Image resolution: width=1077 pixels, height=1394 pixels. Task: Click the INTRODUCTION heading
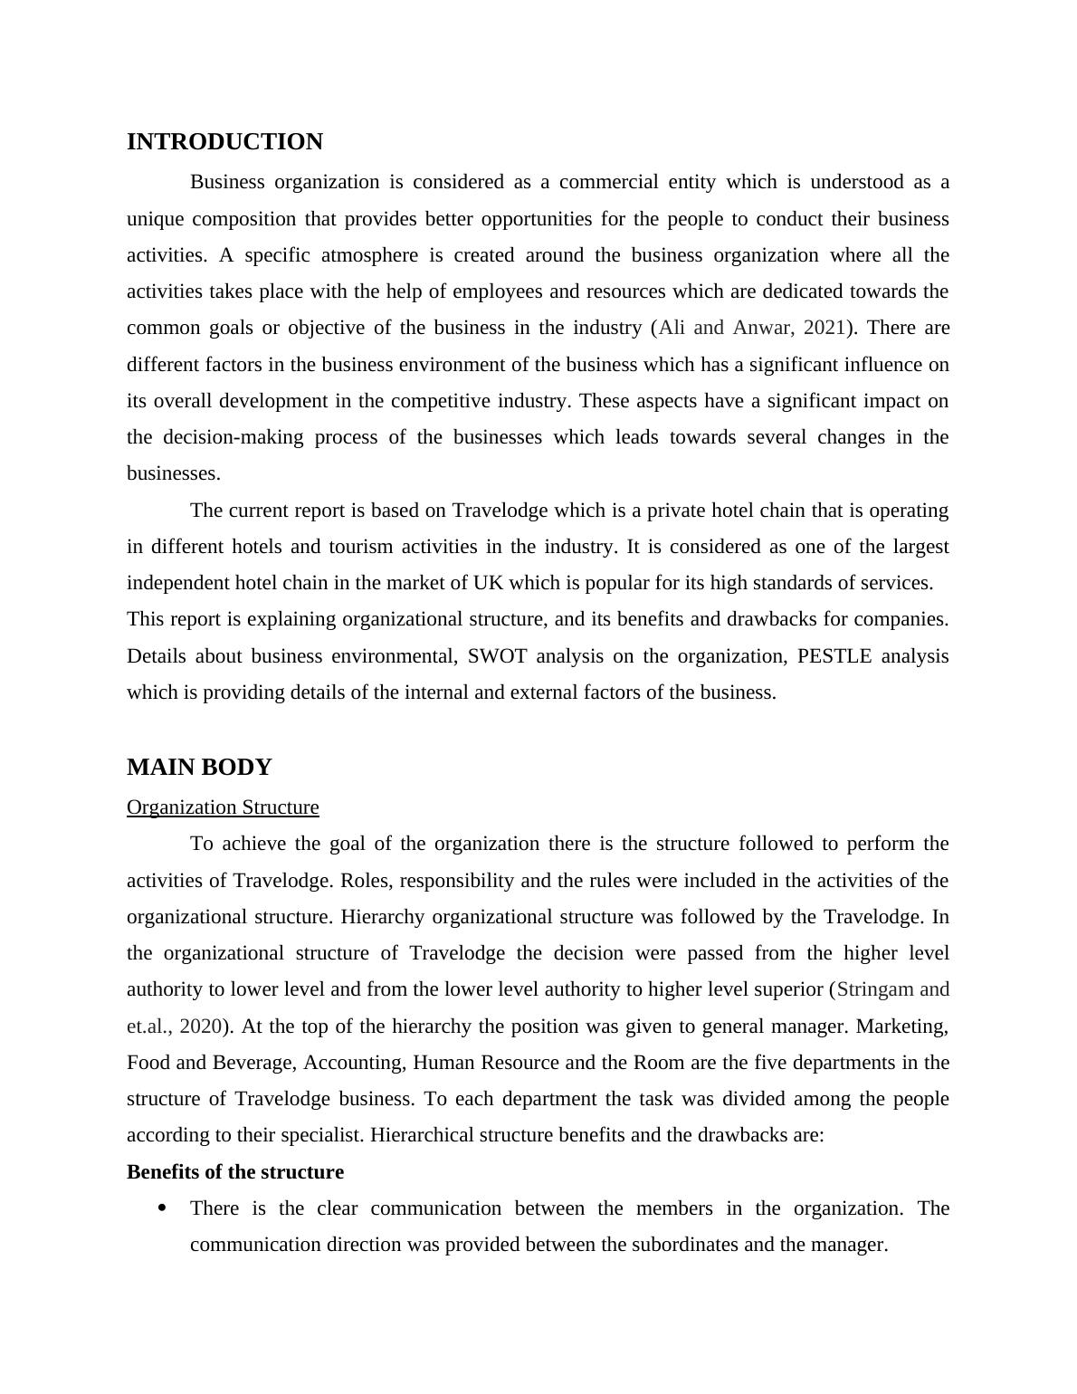[224, 142]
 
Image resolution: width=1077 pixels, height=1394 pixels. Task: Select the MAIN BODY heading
[199, 768]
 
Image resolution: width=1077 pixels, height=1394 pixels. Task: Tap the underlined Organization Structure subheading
[223, 807]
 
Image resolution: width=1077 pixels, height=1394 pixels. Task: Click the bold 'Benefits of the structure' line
[235, 1172]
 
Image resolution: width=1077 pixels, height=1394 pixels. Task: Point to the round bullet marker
[163, 1208]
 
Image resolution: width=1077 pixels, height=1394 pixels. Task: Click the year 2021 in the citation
[824, 328]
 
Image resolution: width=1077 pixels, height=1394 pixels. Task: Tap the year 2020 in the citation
[201, 1026]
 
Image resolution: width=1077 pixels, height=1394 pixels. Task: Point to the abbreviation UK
[485, 583]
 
